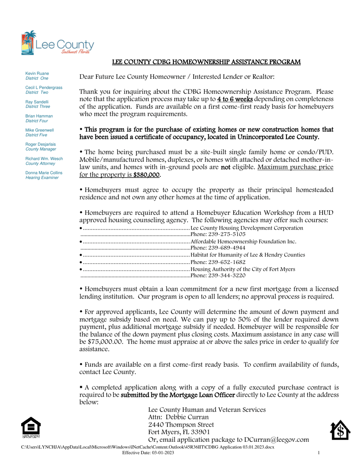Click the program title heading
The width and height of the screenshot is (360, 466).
pyautogui.click(x=207, y=62)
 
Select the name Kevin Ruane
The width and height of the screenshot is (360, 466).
pyautogui.click(x=37, y=73)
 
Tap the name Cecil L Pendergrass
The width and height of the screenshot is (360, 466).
pyautogui.click(x=44, y=88)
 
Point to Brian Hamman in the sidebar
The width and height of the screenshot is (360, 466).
pyautogui.click(x=39, y=116)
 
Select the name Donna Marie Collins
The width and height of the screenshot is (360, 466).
pyautogui.click(x=44, y=173)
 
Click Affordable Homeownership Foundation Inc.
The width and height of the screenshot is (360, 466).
pyautogui.click(x=243, y=241)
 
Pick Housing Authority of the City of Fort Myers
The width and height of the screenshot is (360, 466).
pyautogui.click(x=243, y=269)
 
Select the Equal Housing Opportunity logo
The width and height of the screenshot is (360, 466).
pyautogui.click(x=31, y=428)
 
